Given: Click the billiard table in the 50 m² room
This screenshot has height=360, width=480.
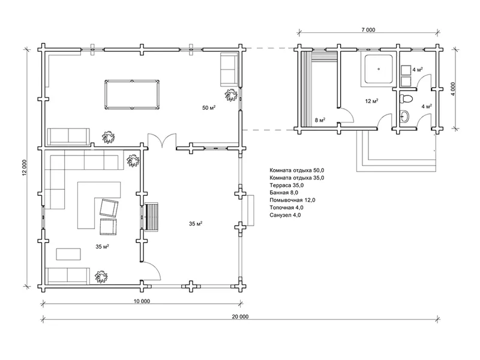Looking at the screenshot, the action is (132, 95).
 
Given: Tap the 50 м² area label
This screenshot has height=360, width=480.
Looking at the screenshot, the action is (209, 107).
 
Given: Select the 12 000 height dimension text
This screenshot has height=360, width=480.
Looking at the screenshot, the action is (25, 168).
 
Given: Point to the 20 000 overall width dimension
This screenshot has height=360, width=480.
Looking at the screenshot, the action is (240, 317).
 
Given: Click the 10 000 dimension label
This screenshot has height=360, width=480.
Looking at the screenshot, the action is (142, 301).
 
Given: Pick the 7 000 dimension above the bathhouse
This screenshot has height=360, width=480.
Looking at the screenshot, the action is (368, 29).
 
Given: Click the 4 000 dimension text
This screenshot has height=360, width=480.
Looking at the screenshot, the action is (453, 89).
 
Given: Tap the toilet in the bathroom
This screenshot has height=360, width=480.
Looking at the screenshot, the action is (406, 98).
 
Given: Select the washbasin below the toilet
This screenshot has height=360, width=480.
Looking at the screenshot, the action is (404, 116).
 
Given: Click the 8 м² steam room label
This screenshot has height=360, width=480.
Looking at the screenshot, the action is (320, 120).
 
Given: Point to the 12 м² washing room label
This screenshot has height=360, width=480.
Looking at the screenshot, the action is (371, 101).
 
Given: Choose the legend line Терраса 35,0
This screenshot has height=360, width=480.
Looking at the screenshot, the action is (287, 185).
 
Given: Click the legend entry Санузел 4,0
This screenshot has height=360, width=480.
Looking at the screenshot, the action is (285, 215).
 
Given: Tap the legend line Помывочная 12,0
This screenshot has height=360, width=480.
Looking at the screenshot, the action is (292, 200).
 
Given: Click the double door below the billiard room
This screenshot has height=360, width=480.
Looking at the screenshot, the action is (162, 141).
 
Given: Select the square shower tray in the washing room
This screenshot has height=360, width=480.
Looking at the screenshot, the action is (379, 69).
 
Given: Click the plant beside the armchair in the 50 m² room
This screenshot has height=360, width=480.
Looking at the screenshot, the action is (231, 95).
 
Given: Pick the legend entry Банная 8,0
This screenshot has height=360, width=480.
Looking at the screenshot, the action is (284, 193).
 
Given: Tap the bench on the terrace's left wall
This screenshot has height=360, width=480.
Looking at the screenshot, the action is (152, 217).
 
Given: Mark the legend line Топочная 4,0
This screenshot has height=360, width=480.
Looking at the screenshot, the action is (286, 208).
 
